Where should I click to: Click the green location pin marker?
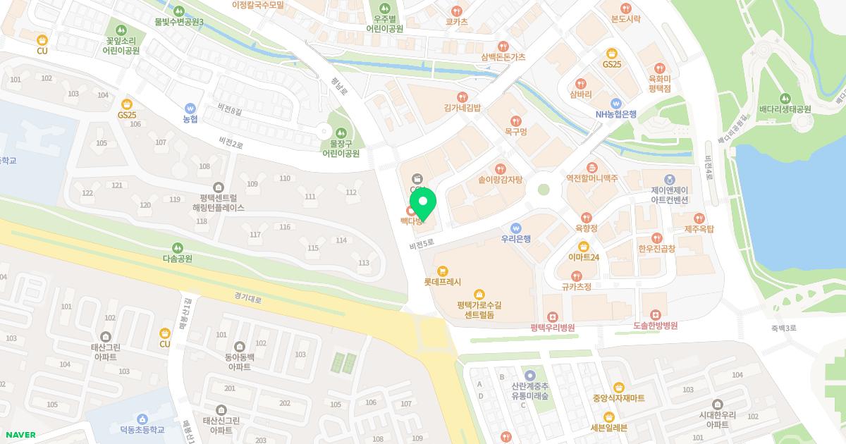pyautogui.click(x=423, y=205)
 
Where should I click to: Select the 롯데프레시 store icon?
pyautogui.click(x=443, y=270)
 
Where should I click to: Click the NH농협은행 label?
pyautogui.click(x=616, y=114)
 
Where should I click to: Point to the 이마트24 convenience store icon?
pyautogui.click(x=584, y=246)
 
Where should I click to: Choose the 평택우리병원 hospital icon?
pyautogui.click(x=553, y=316)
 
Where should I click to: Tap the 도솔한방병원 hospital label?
pyautogui.click(x=655, y=326)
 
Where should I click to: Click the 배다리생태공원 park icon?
pyautogui.click(x=785, y=98)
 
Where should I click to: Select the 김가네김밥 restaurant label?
pyautogui.click(x=462, y=108)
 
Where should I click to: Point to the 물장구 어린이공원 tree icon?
pyautogui.click(x=341, y=132)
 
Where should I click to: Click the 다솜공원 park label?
pyautogui.click(x=178, y=259)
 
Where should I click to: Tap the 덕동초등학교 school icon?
pyautogui.click(x=142, y=419)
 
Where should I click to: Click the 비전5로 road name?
pyautogui.click(x=422, y=245)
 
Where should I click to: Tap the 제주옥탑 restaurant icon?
pyautogui.click(x=699, y=218)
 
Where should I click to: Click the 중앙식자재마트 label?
pyautogui.click(x=618, y=398)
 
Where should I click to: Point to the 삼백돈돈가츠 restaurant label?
pyautogui.click(x=503, y=57)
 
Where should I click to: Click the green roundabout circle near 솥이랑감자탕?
pyautogui.click(x=543, y=189)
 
